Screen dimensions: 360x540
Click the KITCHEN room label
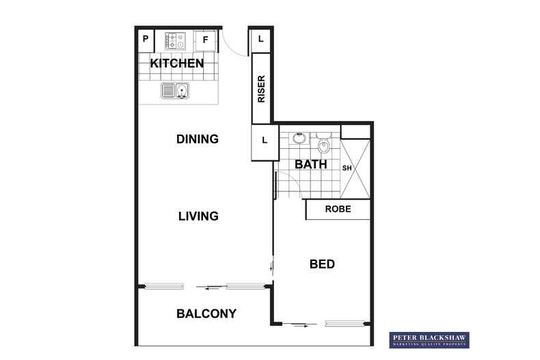(177, 64)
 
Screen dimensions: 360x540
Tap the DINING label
(197, 139)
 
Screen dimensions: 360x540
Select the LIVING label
(198, 216)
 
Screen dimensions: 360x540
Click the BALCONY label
(206, 314)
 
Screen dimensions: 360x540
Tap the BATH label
(310, 165)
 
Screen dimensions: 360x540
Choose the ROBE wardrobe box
(338, 209)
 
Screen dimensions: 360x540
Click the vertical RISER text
(261, 89)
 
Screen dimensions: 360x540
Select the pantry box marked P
(146, 40)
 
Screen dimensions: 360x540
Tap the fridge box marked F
(204, 40)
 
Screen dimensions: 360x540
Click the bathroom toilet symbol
(323, 144)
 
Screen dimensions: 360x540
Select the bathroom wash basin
(299, 139)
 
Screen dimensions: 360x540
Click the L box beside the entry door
(261, 40)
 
